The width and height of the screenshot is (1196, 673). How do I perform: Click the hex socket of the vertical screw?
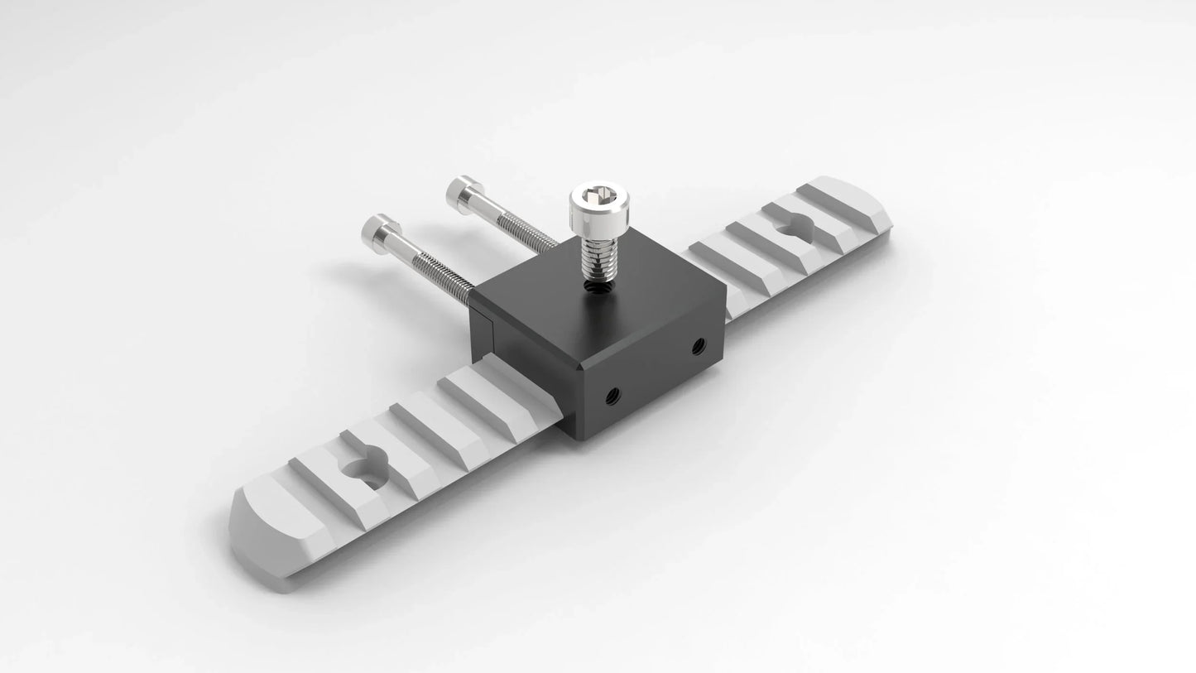[x=598, y=196]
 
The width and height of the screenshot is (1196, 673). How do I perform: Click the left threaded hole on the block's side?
[x=613, y=395]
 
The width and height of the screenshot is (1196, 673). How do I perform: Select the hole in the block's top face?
[x=598, y=287]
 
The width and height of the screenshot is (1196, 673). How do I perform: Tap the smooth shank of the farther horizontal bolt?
[x=489, y=205]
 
